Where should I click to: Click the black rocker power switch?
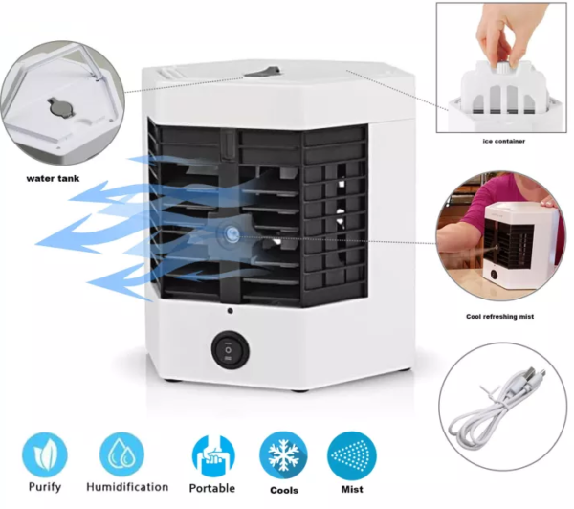pyautogui.click(x=231, y=350)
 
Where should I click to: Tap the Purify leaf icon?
pyautogui.click(x=45, y=454)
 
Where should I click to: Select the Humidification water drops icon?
pyautogui.click(x=121, y=454)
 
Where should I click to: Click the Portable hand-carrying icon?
pyautogui.click(x=213, y=456)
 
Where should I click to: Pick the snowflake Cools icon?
pyautogui.click(x=283, y=455)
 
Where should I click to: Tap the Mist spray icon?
pyautogui.click(x=352, y=455)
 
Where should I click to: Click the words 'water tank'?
pyautogui.click(x=53, y=179)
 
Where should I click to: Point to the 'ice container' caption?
pyautogui.click(x=504, y=141)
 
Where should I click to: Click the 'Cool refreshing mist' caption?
pyautogui.click(x=499, y=317)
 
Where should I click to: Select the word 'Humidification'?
pyautogui.click(x=127, y=487)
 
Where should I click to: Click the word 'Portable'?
pyautogui.click(x=212, y=488)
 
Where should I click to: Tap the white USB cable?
pyautogui.click(x=495, y=409)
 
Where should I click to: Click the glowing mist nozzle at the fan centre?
pyautogui.click(x=231, y=232)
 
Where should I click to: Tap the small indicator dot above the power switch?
pyautogui.click(x=230, y=311)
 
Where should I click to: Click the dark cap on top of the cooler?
pyautogui.click(x=263, y=72)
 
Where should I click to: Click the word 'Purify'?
pyautogui.click(x=45, y=487)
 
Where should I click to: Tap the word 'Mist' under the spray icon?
pyautogui.click(x=352, y=489)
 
